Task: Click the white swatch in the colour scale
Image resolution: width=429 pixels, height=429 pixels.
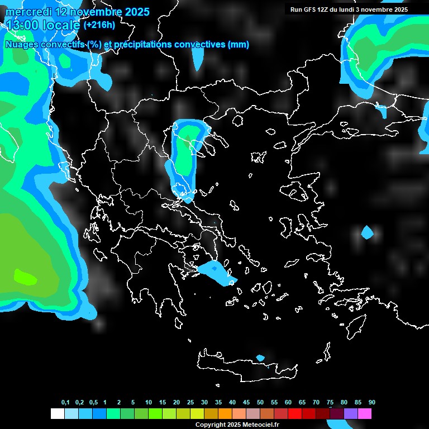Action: point(57,414)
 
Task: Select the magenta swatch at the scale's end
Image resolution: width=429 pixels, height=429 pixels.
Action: point(365,414)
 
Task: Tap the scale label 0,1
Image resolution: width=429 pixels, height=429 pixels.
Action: point(65,403)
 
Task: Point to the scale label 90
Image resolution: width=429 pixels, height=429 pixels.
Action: point(371,403)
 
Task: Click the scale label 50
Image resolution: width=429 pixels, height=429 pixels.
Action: point(260,403)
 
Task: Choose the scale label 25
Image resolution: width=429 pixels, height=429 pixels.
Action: point(190,403)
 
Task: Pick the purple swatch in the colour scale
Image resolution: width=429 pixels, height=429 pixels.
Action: point(351,414)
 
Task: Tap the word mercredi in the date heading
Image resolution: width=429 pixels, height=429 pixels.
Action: point(28,12)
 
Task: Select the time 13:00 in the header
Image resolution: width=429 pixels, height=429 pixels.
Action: point(25,25)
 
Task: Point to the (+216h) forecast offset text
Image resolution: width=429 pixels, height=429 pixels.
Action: point(99,25)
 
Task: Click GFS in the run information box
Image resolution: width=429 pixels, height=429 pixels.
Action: point(310,9)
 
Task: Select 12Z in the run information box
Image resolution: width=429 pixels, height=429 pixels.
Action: point(323,9)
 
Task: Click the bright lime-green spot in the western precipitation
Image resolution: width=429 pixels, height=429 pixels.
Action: point(25,277)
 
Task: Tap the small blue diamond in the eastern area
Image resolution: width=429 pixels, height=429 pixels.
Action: point(367,232)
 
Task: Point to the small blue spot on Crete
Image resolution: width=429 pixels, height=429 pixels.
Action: point(260,357)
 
